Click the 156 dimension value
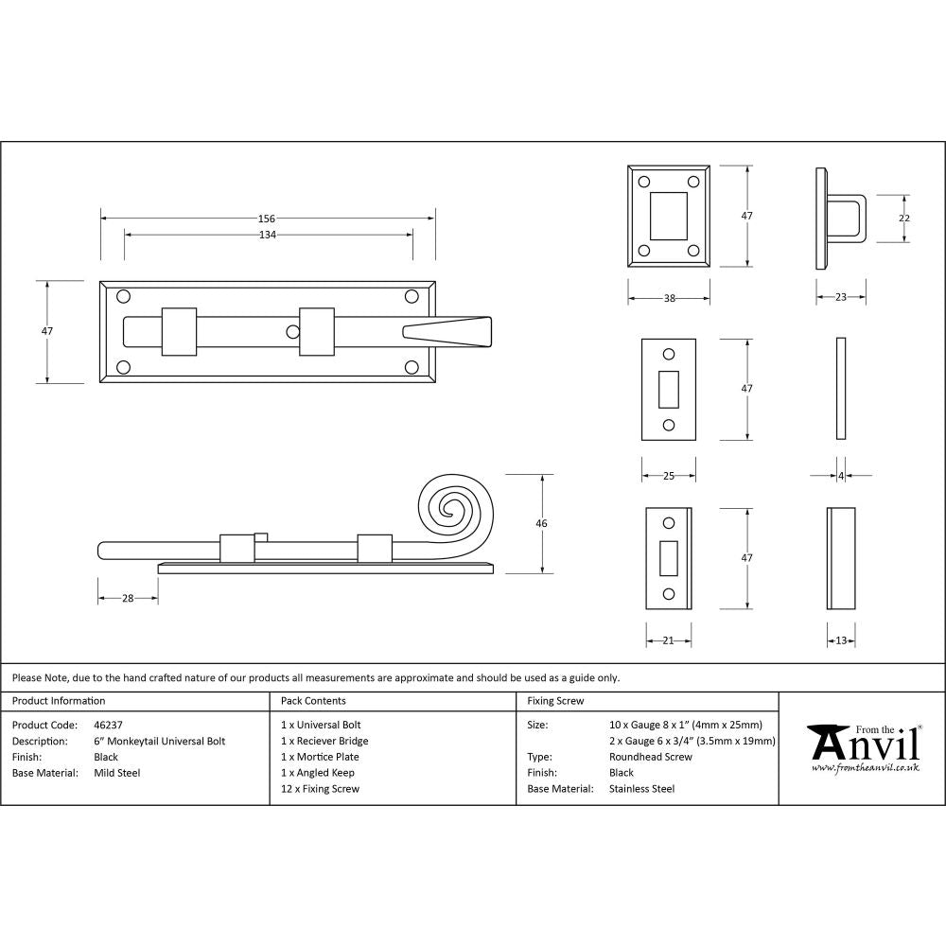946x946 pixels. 267,219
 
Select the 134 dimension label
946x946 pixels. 267,235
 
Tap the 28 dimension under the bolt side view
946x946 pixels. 127,598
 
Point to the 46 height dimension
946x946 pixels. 541,523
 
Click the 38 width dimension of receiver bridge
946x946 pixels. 669,298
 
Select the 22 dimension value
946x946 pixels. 903,219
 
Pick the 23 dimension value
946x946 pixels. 841,298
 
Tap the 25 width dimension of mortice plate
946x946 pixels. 669,476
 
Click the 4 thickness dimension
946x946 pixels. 841,476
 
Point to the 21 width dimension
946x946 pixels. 668,640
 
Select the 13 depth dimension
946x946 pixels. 841,640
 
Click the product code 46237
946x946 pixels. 109,725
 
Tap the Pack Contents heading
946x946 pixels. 313,701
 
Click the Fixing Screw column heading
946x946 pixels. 555,701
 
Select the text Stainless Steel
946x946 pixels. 641,789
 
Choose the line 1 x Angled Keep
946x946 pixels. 318,773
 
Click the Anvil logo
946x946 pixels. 863,747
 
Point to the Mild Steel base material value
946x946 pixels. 117,773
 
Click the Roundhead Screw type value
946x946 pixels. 651,757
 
